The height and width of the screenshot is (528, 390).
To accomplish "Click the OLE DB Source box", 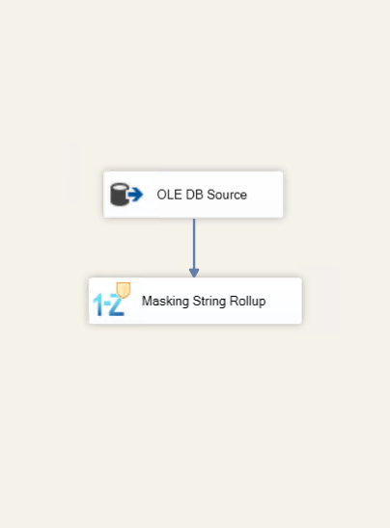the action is point(193,195).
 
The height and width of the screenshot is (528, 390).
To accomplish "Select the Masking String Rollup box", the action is point(195,301).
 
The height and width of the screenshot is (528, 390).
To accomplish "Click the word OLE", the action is point(169,195).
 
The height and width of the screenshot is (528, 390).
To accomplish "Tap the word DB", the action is point(194,195).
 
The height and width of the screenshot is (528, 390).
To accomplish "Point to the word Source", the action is point(227,195).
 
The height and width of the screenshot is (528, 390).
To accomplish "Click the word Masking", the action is point(165,302).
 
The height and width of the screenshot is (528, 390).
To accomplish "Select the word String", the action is point(209,302).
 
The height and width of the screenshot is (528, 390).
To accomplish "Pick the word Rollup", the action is point(248,302).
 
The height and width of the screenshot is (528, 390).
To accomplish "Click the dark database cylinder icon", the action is point(119,195).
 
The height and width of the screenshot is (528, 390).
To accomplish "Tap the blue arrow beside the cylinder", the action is point(135,195).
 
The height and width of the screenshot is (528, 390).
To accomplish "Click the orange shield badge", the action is point(124,290).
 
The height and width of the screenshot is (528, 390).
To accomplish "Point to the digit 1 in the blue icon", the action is point(97,305).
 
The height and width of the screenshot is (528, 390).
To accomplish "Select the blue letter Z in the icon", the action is point(117,304).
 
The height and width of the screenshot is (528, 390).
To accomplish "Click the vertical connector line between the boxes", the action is point(194,244).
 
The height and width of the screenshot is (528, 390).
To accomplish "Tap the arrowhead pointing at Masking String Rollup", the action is point(194,273).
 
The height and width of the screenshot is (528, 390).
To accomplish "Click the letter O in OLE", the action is point(161,195).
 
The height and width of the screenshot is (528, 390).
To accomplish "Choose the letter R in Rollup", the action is point(233,301).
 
